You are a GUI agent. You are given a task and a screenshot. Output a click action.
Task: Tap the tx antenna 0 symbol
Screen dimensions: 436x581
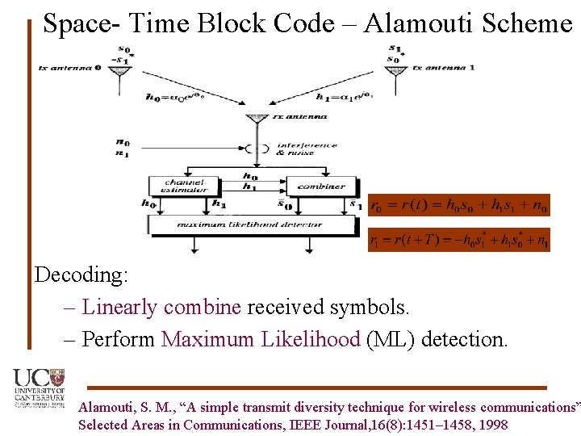(x=120, y=73)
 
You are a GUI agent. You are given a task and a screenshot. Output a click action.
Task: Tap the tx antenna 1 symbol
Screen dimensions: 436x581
(x=395, y=73)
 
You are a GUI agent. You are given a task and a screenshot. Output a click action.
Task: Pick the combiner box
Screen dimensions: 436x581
(x=320, y=185)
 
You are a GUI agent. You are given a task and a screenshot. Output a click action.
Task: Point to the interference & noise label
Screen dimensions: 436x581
(x=307, y=149)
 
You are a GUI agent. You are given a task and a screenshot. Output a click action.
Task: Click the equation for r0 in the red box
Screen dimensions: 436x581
(x=459, y=207)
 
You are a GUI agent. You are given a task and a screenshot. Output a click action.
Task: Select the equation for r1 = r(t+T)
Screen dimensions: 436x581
(x=459, y=241)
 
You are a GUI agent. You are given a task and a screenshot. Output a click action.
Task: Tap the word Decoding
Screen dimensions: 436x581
(x=81, y=275)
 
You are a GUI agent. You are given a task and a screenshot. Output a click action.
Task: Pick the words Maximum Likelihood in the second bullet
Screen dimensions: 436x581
(x=260, y=339)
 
